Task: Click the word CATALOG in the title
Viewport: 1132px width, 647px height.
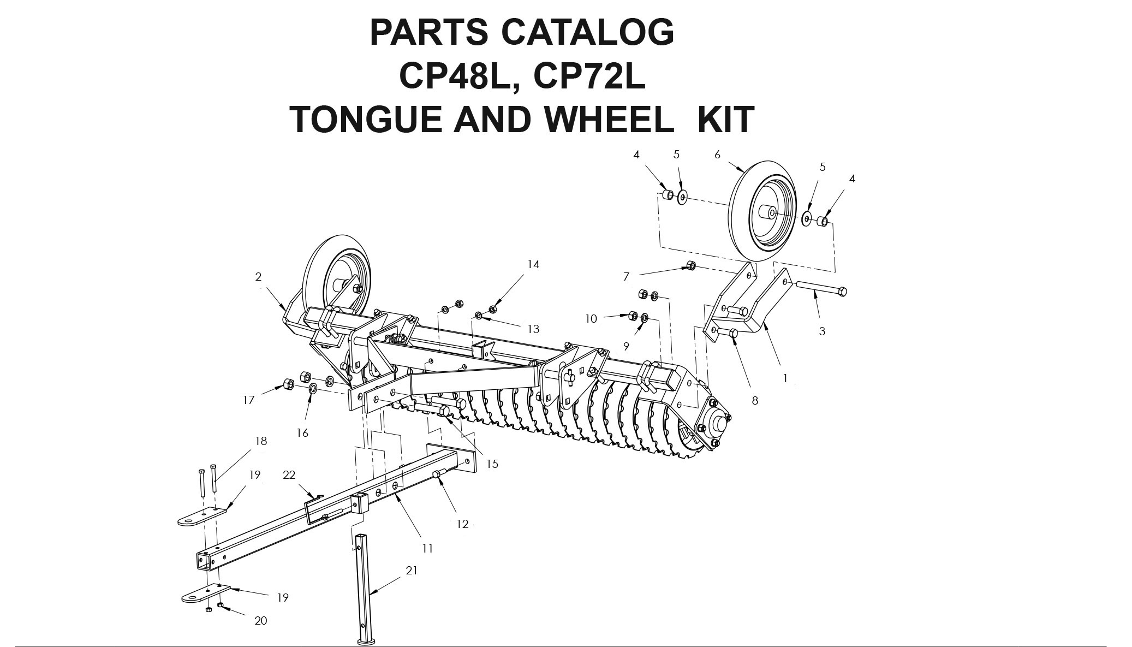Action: (587, 32)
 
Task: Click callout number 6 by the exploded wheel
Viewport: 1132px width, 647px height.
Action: (717, 155)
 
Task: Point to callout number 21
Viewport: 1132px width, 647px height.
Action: (412, 571)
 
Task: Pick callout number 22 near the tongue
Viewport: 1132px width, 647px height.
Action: (289, 475)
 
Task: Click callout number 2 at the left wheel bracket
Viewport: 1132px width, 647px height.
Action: (258, 277)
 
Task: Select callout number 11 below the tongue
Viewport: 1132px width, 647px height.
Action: (427, 548)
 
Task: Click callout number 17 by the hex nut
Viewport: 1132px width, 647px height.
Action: (249, 400)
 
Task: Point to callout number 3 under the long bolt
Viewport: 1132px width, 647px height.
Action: (822, 331)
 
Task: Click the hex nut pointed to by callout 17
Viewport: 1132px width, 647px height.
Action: (285, 384)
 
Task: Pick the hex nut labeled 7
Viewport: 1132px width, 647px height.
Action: (690, 265)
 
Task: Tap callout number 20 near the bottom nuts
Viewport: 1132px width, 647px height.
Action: (261, 621)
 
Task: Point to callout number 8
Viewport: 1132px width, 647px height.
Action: (755, 401)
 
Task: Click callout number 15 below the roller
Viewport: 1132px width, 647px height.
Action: (492, 464)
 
